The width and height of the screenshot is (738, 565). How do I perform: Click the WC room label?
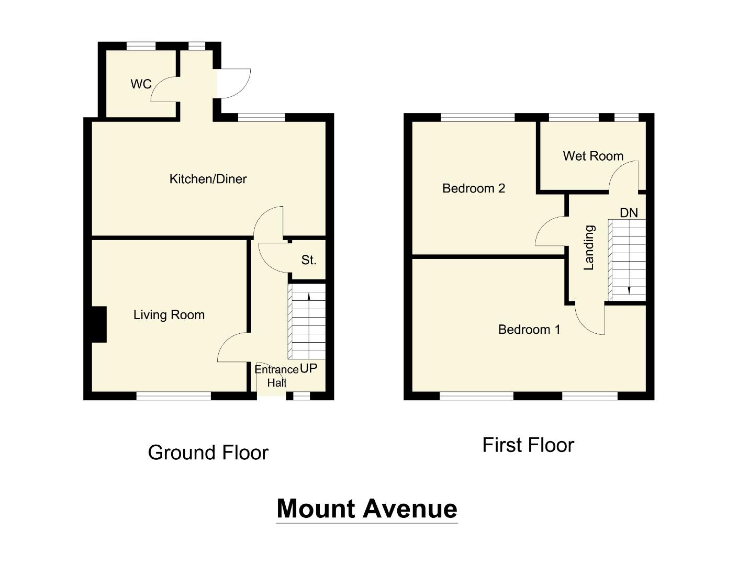(141, 84)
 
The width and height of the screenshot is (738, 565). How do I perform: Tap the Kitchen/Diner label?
(208, 179)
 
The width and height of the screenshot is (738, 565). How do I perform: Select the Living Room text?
(169, 315)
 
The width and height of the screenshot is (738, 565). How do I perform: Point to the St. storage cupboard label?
(309, 260)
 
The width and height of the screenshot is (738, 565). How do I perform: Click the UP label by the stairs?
(309, 368)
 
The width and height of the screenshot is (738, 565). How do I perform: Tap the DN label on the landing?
(629, 213)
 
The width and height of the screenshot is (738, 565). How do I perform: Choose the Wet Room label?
(593, 156)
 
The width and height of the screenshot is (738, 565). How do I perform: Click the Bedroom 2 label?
(474, 188)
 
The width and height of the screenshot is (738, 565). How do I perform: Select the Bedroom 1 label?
(529, 330)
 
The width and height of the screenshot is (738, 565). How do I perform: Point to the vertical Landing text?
(589, 247)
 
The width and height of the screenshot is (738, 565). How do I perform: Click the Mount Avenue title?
(367, 508)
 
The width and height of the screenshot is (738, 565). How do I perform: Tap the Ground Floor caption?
(208, 453)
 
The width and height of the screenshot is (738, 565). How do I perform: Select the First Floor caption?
(528, 445)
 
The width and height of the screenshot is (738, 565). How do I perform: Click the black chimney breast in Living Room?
(99, 324)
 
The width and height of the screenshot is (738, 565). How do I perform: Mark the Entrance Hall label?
(276, 376)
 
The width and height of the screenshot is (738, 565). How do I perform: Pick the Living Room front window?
(174, 396)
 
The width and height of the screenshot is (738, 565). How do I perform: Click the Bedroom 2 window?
(478, 117)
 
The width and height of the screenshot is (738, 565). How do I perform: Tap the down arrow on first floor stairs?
(629, 290)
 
